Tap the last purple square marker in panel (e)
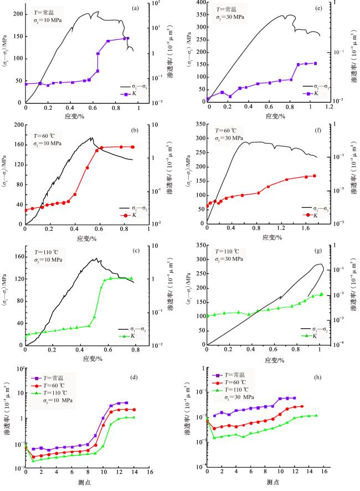click(x=316, y=63)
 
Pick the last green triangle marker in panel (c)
click(x=131, y=278)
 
